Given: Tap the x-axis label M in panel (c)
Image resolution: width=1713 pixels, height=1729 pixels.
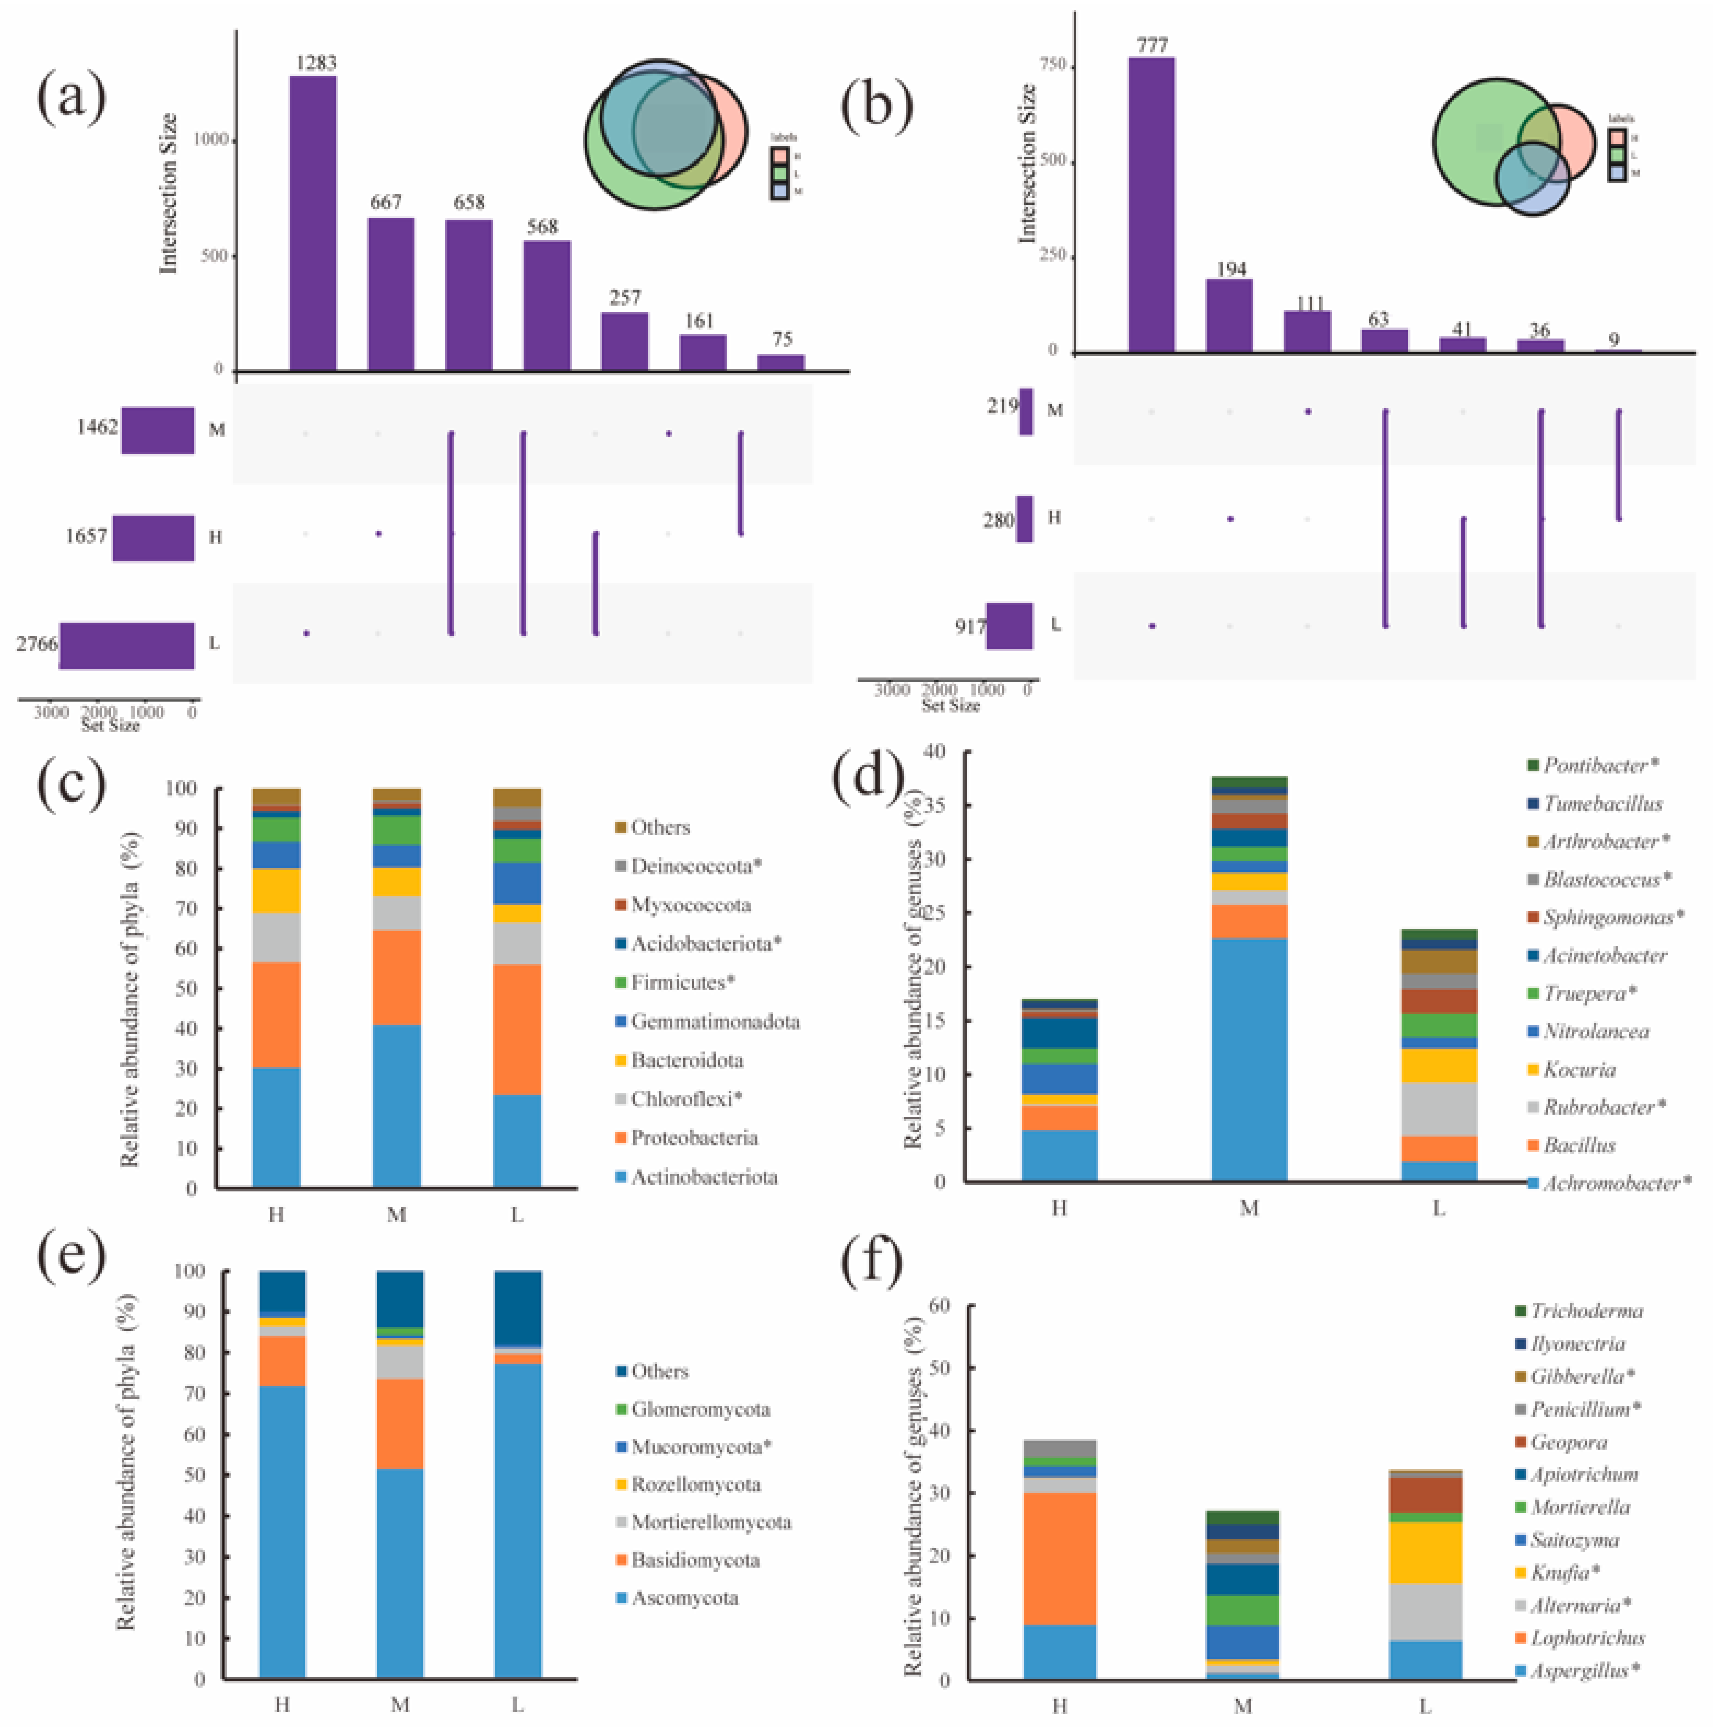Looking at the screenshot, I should [x=396, y=1214].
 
